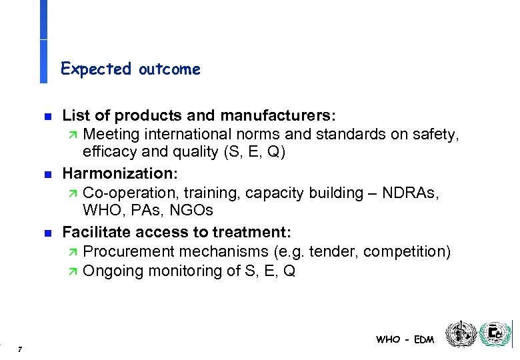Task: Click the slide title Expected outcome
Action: point(130,69)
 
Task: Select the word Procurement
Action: point(129,252)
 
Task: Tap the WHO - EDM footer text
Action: point(405,339)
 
